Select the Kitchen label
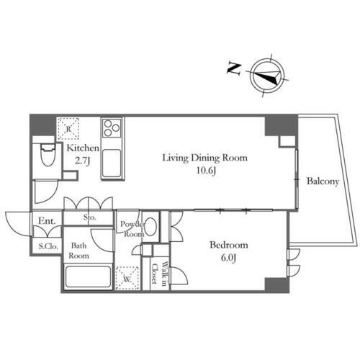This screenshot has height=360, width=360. [81, 148]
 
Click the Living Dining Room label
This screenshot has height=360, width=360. [204, 157]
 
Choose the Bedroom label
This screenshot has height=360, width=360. [228, 244]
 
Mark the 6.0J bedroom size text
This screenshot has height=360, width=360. [228, 256]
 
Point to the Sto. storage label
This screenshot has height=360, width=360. [91, 217]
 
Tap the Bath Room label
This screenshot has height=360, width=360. [79, 251]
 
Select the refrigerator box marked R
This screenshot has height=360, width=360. [69, 128]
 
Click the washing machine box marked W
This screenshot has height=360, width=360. [127, 276]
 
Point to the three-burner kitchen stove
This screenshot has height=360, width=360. [112, 130]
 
